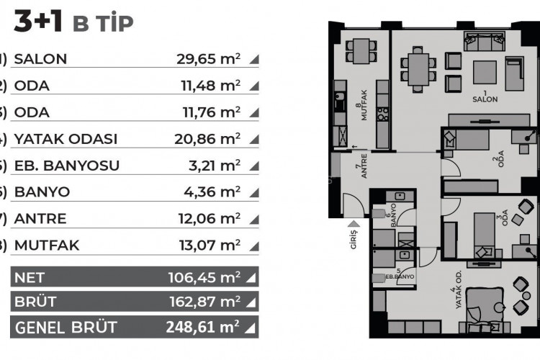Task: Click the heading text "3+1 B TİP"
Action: coord(72,23)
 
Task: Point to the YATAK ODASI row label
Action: coord(66,139)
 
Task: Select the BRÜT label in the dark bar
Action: coord(35,302)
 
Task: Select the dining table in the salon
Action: coord(418,70)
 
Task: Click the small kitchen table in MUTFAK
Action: coord(358,50)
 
